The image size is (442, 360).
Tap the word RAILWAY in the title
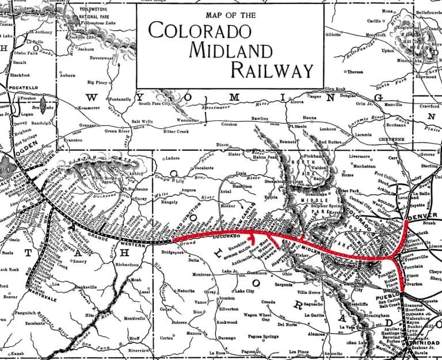coord(273,70)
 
